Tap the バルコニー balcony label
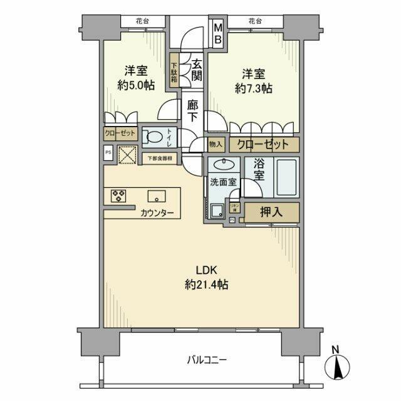click(206, 360)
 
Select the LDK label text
click(206, 271)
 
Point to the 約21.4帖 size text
click(206, 284)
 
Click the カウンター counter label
click(157, 213)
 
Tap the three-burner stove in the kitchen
click(118, 195)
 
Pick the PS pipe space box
click(108, 152)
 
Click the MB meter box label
click(218, 33)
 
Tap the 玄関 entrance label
click(195, 70)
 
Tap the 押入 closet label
click(271, 212)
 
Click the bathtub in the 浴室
click(288, 177)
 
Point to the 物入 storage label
click(215, 144)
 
